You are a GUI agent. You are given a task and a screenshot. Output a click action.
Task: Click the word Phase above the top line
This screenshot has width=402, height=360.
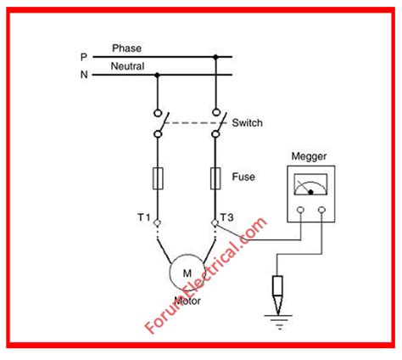(126, 48)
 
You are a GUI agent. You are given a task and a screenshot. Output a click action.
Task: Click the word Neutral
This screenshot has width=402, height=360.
(127, 66)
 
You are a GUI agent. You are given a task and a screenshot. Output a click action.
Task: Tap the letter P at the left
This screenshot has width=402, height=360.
(83, 57)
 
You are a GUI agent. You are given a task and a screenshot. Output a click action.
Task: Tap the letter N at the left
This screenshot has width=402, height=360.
(83, 75)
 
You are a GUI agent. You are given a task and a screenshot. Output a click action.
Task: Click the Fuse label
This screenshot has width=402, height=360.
(244, 177)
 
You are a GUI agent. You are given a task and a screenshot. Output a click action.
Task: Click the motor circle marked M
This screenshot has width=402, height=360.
(186, 271)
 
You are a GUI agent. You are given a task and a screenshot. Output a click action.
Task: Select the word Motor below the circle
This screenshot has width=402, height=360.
(186, 300)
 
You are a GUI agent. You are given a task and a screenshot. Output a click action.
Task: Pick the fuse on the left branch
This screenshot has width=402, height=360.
(158, 178)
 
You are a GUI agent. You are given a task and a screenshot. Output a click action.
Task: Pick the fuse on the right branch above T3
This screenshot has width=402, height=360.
(216, 178)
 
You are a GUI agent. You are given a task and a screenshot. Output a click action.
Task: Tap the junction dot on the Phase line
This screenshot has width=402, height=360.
(216, 57)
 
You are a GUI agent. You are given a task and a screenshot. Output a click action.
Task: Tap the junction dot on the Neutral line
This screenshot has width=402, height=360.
(158, 75)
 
